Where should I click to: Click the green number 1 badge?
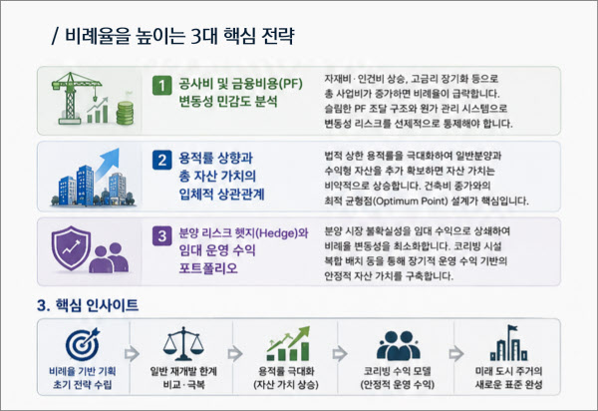(161, 85)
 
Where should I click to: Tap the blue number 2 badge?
(161, 160)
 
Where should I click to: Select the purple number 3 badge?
(161, 235)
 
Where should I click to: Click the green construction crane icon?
(73, 98)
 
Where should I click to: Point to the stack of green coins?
(125, 113)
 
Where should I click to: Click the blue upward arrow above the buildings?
(108, 164)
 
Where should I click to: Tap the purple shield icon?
(72, 248)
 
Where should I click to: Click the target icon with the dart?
(83, 344)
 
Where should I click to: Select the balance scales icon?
(183, 343)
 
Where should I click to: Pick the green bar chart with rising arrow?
(288, 343)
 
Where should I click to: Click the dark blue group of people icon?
(398, 346)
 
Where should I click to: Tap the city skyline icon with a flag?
(508, 343)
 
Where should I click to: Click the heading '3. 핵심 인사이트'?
(88, 305)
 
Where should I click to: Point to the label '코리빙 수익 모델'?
(398, 371)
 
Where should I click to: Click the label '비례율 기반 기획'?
(83, 371)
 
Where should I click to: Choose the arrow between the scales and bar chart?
(234, 354)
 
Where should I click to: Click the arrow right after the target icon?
(132, 354)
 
